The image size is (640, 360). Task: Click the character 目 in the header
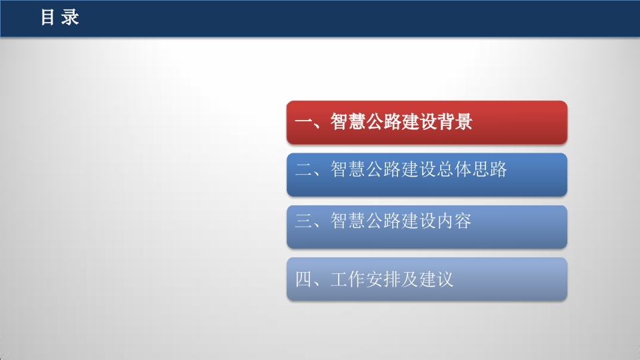pyautogui.click(x=47, y=17)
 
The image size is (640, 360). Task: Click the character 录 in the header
pyautogui.click(x=70, y=17)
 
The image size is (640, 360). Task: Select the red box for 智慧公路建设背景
pyautogui.click(x=427, y=123)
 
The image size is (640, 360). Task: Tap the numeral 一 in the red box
pyautogui.click(x=303, y=121)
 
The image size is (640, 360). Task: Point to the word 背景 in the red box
pyautogui.click(x=455, y=121)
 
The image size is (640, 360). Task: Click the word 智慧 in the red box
pyautogui.click(x=347, y=121)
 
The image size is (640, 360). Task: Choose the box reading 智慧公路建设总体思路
pyautogui.click(x=427, y=175)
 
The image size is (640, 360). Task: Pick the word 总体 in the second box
pyautogui.click(x=454, y=169)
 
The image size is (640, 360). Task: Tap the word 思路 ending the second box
pyautogui.click(x=490, y=169)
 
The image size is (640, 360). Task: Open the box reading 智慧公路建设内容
pyautogui.click(x=427, y=227)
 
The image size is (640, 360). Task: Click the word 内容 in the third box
pyautogui.click(x=454, y=221)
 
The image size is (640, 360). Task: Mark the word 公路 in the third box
pyautogui.click(x=383, y=221)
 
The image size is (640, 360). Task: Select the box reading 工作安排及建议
pyautogui.click(x=427, y=279)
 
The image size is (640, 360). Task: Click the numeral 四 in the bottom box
pyautogui.click(x=303, y=279)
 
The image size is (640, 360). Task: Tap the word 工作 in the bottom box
pyautogui.click(x=347, y=279)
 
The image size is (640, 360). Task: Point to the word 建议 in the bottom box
pyautogui.click(x=436, y=279)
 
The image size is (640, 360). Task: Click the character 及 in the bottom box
pyautogui.click(x=410, y=279)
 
